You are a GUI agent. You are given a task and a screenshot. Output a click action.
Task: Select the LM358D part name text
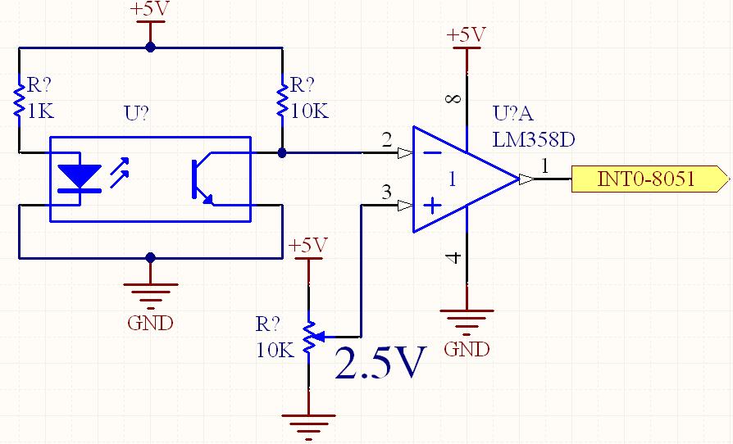pyautogui.click(x=533, y=139)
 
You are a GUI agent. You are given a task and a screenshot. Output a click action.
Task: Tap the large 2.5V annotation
pyautogui.click(x=381, y=363)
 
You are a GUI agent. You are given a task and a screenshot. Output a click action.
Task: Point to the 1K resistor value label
pyautogui.click(x=40, y=111)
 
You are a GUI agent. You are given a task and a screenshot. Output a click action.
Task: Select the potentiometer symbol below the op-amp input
pyautogui.click(x=309, y=337)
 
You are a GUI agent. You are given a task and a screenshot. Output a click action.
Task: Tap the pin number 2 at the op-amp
pyautogui.click(x=386, y=139)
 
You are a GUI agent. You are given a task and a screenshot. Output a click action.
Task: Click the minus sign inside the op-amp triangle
pyautogui.click(x=431, y=152)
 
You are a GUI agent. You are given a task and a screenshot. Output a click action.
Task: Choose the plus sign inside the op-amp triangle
pyautogui.click(x=431, y=205)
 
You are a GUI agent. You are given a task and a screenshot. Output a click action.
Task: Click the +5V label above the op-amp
pyautogui.click(x=466, y=35)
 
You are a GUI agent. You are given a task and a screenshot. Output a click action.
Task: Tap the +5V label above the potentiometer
pyautogui.click(x=307, y=245)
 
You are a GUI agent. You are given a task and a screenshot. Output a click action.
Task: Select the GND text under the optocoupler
pyautogui.click(x=150, y=323)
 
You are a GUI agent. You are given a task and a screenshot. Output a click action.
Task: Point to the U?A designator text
pyautogui.click(x=512, y=115)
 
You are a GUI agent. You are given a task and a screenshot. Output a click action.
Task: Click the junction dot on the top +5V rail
pyautogui.click(x=149, y=48)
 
